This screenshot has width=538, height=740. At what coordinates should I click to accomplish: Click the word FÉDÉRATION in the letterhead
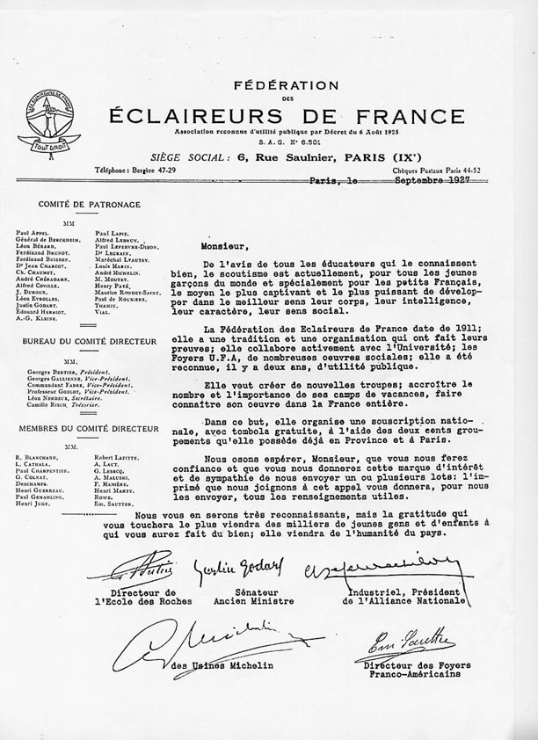click(x=286, y=85)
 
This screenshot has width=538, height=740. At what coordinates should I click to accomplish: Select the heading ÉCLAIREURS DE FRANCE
click(x=286, y=115)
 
